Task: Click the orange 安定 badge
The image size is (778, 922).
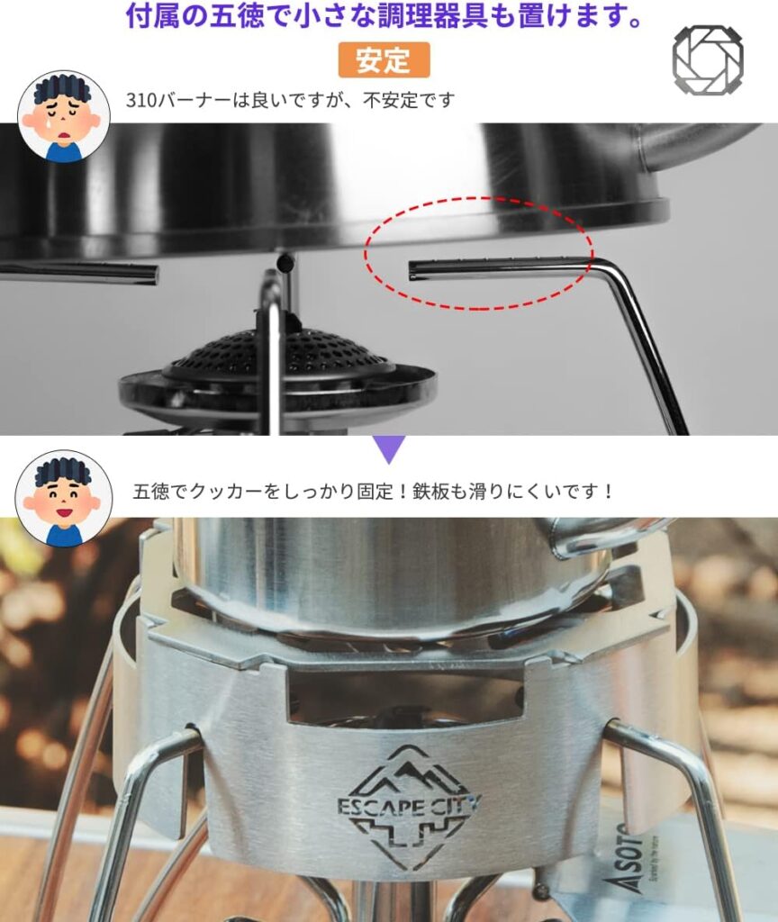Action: [x=384, y=60]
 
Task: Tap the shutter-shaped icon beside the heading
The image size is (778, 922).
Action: [x=708, y=59]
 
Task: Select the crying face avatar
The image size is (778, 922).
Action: [x=64, y=116]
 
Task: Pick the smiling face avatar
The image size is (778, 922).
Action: [x=64, y=499]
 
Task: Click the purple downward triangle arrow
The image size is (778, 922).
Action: [x=389, y=449]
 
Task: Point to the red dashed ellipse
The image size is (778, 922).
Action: [x=479, y=253]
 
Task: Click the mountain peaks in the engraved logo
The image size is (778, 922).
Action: [x=408, y=771]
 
